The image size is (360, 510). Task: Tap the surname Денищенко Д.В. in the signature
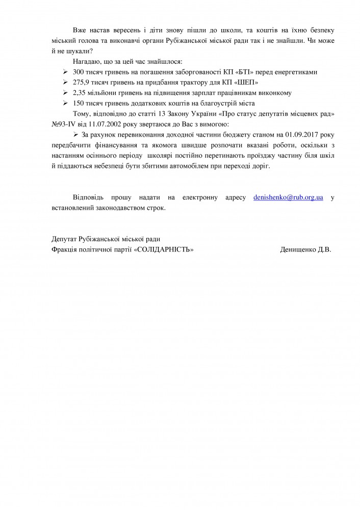point(305,250)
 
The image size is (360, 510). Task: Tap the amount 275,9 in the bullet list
point(82,83)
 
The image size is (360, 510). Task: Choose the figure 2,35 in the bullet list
point(80,93)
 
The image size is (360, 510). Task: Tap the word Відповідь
point(90,197)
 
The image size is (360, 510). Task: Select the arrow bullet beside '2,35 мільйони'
point(65,93)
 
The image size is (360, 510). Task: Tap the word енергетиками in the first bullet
point(295,72)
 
